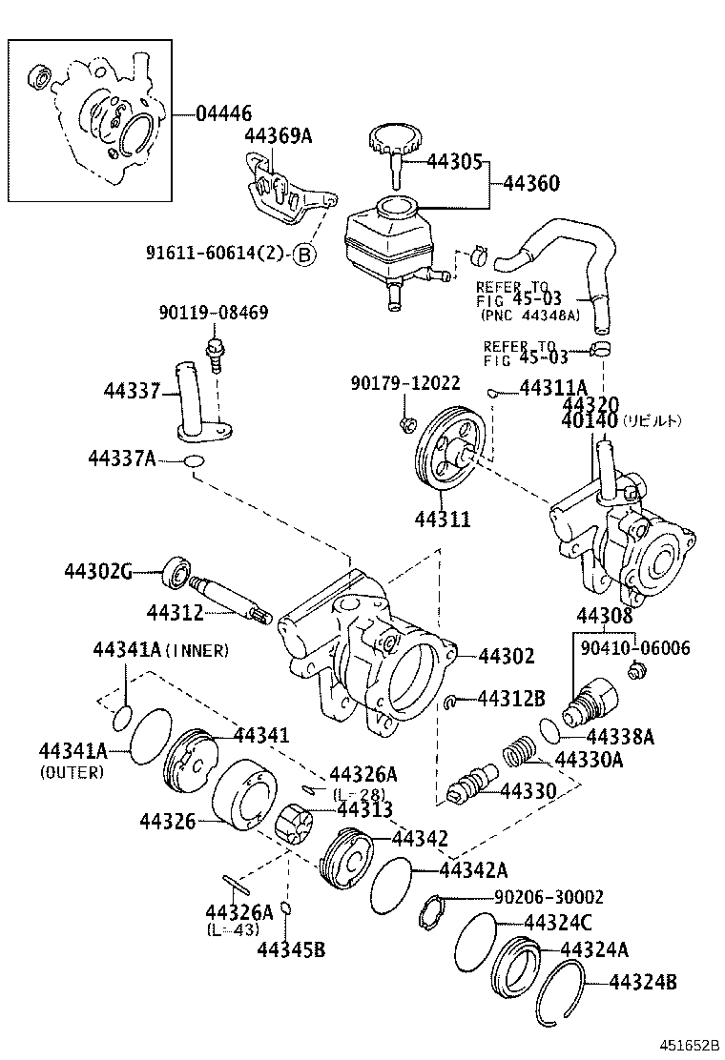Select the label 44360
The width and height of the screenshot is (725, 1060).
(x=531, y=183)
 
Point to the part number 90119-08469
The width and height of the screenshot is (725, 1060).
(x=214, y=312)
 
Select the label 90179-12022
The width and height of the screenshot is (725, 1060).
(x=404, y=383)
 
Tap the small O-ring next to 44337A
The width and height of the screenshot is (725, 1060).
(x=194, y=462)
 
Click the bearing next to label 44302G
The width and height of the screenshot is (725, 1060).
(x=176, y=573)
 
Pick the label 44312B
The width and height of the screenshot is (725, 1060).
(x=511, y=700)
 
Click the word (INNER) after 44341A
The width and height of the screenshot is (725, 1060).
(x=197, y=650)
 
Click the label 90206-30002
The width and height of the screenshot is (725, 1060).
(x=549, y=897)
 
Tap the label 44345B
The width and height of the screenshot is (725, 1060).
(x=292, y=949)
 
